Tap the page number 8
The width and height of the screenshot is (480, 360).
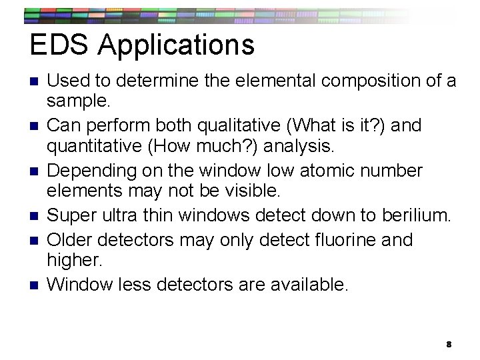tap(449, 344)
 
